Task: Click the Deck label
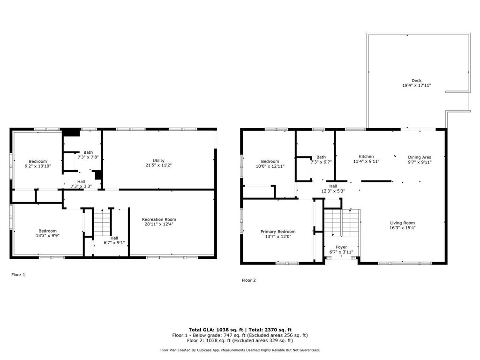(416, 81)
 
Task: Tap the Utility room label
(158, 160)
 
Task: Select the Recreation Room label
(159, 219)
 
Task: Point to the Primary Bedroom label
(278, 232)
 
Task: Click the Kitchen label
(366, 157)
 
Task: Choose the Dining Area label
(420, 157)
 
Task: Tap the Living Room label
(402, 223)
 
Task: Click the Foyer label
(341, 247)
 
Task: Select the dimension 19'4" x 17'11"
(416, 85)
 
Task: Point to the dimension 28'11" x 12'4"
(159, 224)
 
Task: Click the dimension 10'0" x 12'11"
(270, 166)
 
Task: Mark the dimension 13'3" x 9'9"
(47, 236)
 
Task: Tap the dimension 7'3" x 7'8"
(88, 157)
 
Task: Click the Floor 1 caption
(18, 275)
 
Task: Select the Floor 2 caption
(248, 280)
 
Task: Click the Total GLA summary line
(240, 330)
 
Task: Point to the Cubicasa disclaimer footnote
(240, 350)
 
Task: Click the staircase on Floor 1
(102, 223)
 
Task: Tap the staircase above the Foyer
(342, 223)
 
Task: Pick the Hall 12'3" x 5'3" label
(333, 188)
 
